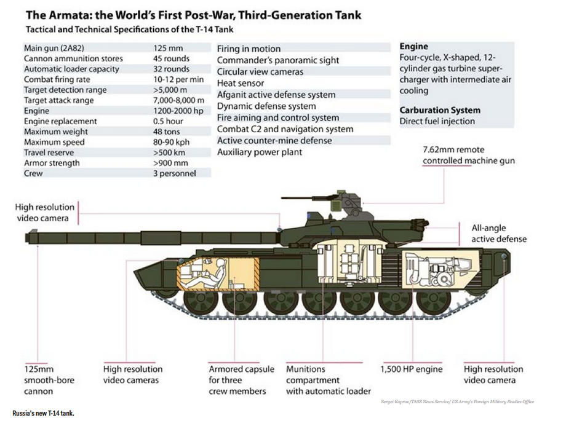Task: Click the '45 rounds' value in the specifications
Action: click(172, 58)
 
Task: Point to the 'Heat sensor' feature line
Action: click(241, 83)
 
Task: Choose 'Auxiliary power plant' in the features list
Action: click(260, 152)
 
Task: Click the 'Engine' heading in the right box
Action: click(413, 46)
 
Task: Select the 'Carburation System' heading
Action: click(440, 110)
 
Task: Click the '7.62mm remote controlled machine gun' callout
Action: click(468, 155)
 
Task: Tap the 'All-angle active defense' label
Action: click(499, 233)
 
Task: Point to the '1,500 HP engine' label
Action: click(412, 369)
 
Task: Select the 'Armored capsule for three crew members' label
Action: click(238, 380)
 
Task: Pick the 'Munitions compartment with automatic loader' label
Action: click(328, 380)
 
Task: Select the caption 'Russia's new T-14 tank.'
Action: click(43, 412)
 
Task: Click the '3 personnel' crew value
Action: click(175, 173)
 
